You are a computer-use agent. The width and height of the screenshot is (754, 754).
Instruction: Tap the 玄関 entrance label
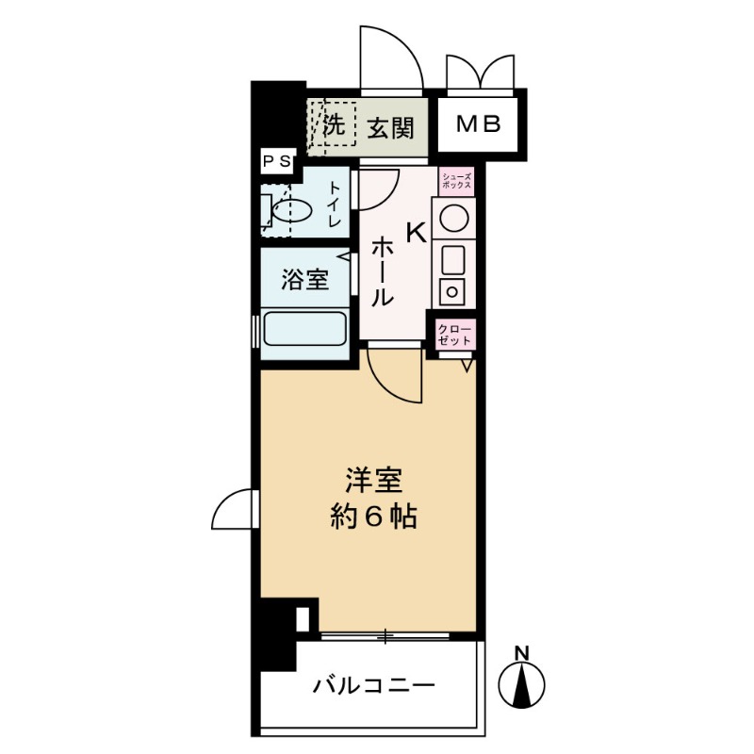[x=391, y=125]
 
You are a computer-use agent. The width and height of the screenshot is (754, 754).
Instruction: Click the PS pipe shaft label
[x=278, y=162]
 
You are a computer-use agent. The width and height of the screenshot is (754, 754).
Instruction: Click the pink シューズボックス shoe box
[x=457, y=180]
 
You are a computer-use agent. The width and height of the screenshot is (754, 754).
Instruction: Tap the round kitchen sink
[x=454, y=217]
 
